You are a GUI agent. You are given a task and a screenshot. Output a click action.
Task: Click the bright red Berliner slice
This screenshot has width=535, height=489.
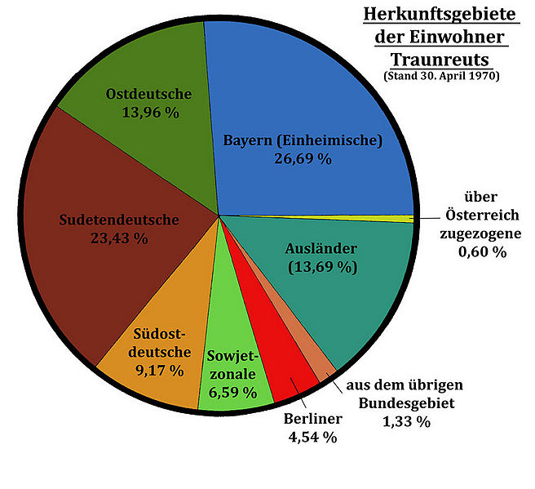[281, 359]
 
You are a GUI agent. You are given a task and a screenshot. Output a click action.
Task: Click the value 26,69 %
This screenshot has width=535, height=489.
[302, 158]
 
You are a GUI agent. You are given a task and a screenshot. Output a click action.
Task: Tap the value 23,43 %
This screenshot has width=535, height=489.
[119, 238]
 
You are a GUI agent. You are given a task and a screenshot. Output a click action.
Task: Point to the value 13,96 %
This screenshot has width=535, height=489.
[149, 113]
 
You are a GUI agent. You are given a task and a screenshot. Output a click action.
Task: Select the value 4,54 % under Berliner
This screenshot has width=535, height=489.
[311, 437]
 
